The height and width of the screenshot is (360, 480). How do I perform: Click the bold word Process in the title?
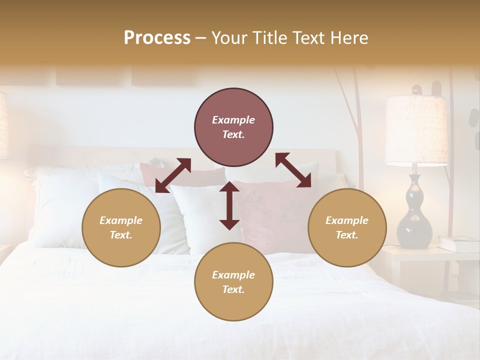click(157, 38)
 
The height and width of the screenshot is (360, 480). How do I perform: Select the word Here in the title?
click(348, 38)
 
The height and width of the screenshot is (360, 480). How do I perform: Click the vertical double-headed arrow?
click(229, 205)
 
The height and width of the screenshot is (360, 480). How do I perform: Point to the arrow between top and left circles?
click(173, 175)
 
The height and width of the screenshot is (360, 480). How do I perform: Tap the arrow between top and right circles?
click(293, 170)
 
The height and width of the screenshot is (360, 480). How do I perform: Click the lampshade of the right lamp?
click(416, 130)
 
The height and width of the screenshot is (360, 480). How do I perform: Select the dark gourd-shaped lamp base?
click(414, 215)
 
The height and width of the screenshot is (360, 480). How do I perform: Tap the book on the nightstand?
click(458, 244)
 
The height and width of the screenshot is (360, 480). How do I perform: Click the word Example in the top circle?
click(233, 120)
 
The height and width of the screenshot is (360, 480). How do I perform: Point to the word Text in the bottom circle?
click(233, 290)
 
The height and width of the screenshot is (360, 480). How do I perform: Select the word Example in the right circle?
click(347, 220)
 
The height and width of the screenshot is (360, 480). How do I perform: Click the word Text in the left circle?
click(120, 235)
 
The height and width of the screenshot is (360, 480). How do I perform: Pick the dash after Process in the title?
click(200, 38)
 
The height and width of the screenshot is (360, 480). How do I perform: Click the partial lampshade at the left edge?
click(4, 125)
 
